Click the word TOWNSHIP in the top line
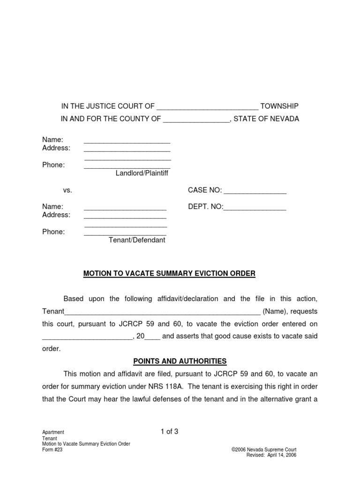pos(279,106)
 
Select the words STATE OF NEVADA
pos(266,119)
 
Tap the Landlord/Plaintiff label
pos(142,173)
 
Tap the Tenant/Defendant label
pos(137,240)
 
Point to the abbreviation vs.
pos(67,190)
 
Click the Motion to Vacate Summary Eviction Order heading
pos(169,274)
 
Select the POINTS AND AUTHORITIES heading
pos(180,361)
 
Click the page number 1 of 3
pos(169,432)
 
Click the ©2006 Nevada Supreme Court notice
pos(264,450)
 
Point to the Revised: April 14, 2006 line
pos(271,455)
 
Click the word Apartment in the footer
pos(53,432)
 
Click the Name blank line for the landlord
pos(127,141)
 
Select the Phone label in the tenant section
pos(53,232)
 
